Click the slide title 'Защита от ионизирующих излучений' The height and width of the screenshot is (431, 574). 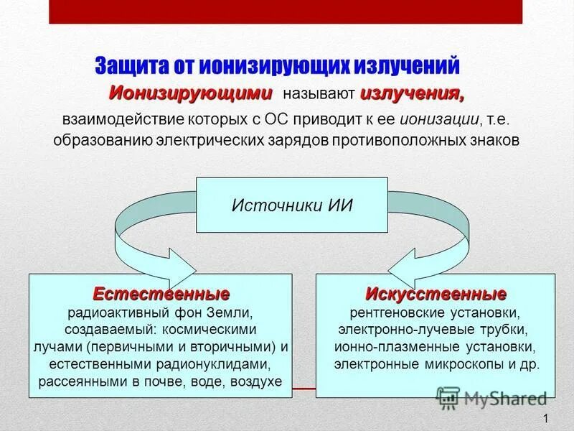[277, 66]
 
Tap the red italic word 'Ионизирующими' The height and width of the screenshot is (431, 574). [191, 93]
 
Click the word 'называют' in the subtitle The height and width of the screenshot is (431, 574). [319, 94]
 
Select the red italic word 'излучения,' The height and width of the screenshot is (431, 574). [412, 93]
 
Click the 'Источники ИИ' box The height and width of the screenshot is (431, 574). [292, 205]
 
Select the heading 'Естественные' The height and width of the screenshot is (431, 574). [161, 295]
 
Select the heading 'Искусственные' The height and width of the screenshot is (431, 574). [436, 295]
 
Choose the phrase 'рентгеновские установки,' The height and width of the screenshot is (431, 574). [435, 313]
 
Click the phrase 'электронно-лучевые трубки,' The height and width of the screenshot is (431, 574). [433, 330]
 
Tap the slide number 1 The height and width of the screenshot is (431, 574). [546, 419]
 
